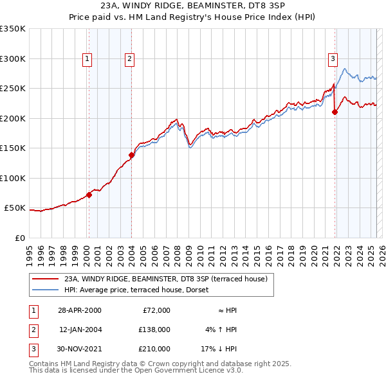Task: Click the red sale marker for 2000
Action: point(89,195)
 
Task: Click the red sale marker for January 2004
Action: point(131,155)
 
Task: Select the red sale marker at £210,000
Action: point(335,112)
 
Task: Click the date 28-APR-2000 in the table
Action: point(80,310)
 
